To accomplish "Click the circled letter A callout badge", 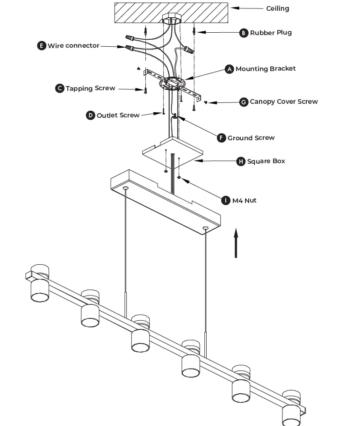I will click(229, 69).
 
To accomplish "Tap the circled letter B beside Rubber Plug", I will click(244, 33).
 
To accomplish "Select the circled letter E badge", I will click(42, 45).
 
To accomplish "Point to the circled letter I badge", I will click(226, 200).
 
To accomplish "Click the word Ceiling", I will click(278, 8).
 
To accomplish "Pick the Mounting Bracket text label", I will click(266, 69).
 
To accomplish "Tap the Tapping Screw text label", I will click(90, 88).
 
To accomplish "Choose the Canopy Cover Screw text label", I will click(284, 101).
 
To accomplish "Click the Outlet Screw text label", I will click(118, 115).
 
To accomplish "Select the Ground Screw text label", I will click(251, 138).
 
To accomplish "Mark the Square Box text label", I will click(266, 161).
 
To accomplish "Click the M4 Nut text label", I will click(245, 200).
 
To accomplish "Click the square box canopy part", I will click(173, 151).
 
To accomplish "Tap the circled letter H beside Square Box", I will click(241, 161).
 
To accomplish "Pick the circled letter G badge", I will click(244, 102).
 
